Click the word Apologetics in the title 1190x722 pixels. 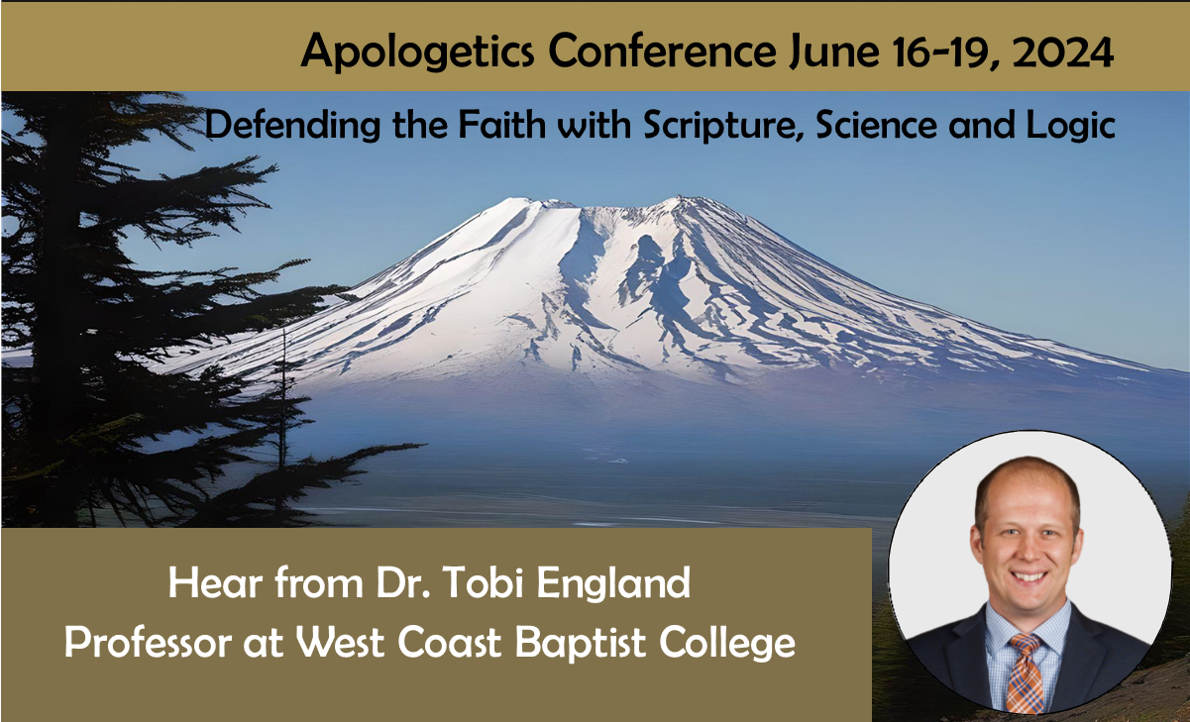[x=417, y=52]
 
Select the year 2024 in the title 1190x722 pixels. [x=1062, y=52]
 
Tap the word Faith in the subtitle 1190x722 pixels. [x=501, y=125]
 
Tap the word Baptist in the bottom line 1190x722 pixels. [x=581, y=644]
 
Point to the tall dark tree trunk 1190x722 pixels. [x=59, y=319]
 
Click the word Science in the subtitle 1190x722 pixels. [x=876, y=125]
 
